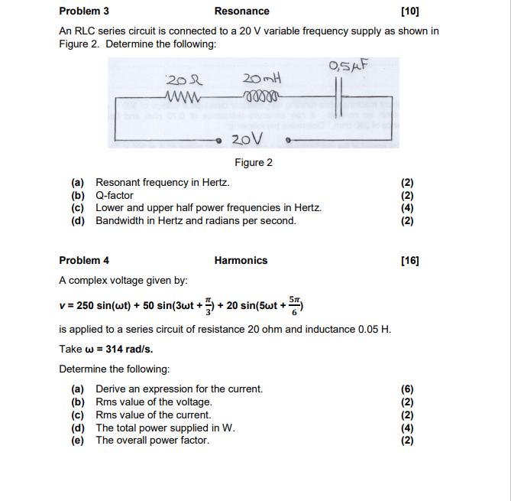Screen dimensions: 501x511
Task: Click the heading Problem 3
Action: point(84,11)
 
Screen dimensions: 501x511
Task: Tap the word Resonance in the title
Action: point(241,11)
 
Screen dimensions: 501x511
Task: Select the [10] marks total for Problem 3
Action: point(410,11)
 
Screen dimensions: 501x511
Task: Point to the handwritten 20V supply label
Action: point(246,138)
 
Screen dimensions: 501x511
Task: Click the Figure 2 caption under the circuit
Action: point(254,162)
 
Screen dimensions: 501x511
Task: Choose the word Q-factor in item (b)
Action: point(115,195)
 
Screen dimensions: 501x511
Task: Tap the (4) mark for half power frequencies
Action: point(407,207)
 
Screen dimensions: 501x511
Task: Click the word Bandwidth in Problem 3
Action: point(119,220)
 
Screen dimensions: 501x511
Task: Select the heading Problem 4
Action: point(84,260)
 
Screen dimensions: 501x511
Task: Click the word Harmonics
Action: point(241,260)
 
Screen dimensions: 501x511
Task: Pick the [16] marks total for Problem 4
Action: point(410,260)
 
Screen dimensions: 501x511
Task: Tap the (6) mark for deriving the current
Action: point(407,389)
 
